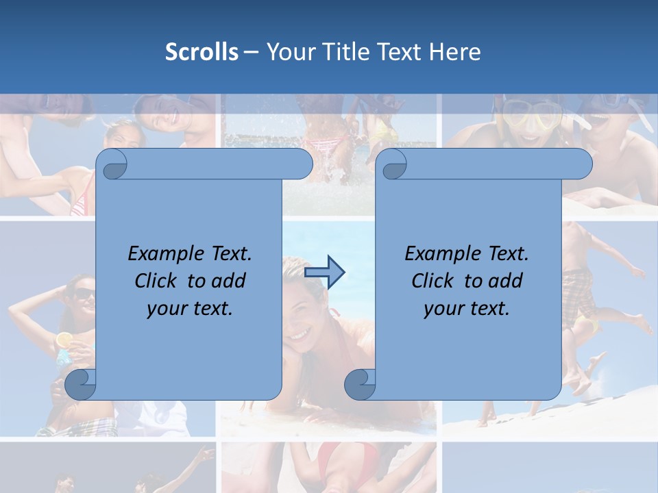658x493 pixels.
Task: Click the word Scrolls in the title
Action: tap(202, 52)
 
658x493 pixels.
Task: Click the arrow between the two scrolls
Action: tap(324, 272)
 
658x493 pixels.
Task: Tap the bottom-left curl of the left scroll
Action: tap(81, 384)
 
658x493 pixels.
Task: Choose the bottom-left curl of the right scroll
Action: tap(360, 384)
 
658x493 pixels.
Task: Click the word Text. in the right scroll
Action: tap(508, 254)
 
